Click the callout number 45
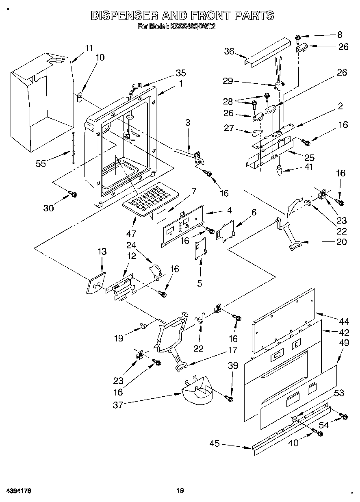click(214, 443)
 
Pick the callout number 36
click(230, 51)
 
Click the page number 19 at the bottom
click(180, 491)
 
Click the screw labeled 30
click(74, 195)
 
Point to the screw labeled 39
click(230, 399)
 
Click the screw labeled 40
click(318, 433)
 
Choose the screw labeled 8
click(298, 39)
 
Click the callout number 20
click(342, 242)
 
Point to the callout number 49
click(344, 343)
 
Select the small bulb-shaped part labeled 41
click(279, 170)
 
